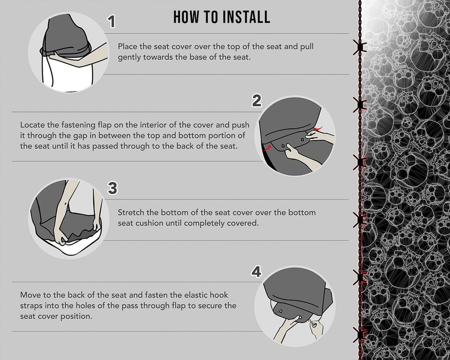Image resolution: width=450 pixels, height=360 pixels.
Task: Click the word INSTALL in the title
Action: point(247,17)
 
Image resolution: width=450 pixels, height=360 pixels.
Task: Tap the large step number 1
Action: point(111,22)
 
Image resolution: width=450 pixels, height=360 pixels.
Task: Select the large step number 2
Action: point(256,101)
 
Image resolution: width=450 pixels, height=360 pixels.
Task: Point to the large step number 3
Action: point(112,188)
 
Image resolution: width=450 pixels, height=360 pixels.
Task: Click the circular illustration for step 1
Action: point(68,52)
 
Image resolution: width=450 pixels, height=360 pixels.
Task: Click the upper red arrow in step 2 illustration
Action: point(319,127)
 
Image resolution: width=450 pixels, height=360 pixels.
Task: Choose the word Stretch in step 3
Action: point(131,212)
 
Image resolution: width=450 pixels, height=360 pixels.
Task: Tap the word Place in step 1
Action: point(127,46)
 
